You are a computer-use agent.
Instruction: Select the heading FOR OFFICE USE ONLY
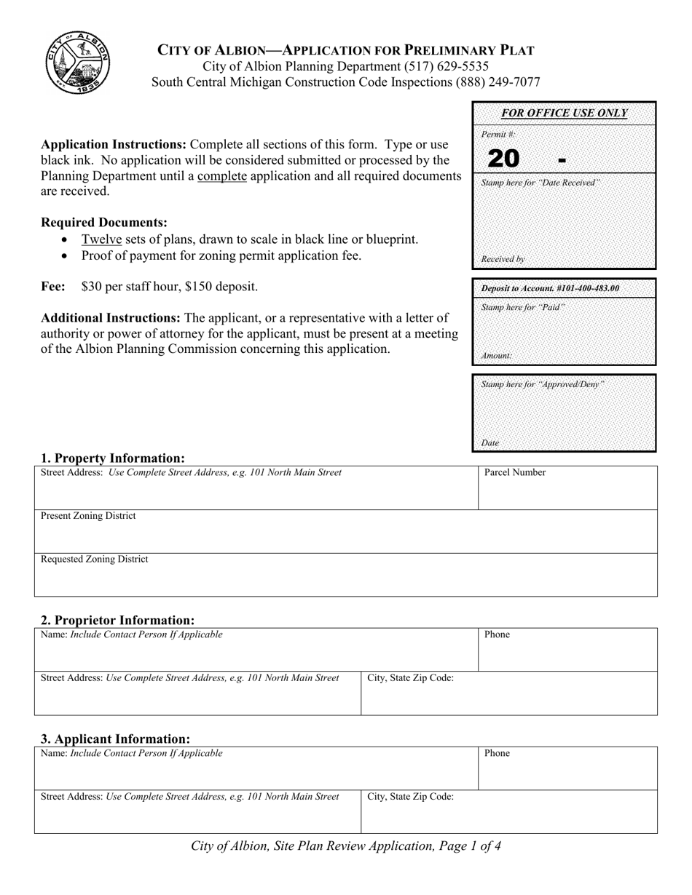pos(564,113)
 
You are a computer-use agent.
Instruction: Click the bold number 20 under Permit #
pos(503,158)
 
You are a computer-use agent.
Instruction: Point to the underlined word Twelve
pos(101,239)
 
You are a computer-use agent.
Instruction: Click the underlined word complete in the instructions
pos(221,175)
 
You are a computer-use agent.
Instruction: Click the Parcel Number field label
pos(515,473)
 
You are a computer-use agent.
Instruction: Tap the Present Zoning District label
pos(88,516)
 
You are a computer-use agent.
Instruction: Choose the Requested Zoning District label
pos(94,560)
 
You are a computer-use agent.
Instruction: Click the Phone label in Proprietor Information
pos(497,635)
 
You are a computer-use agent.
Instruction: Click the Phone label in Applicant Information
pos(497,754)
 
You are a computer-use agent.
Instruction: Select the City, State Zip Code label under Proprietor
pos(411,678)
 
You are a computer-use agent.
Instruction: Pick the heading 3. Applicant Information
pos(115,739)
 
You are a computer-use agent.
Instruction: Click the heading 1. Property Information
pos(112,458)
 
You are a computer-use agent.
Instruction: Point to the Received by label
pos(503,259)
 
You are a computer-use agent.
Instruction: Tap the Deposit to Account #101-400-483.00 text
pos(550,289)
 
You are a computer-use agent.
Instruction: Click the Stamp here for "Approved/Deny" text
pos(543,384)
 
